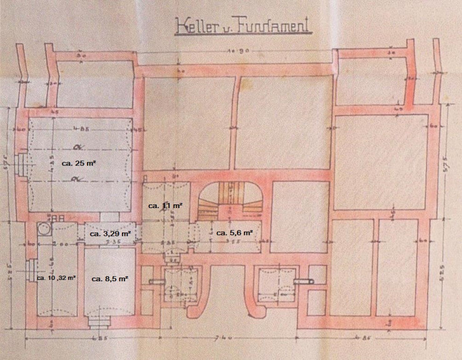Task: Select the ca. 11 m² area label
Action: [x=163, y=205]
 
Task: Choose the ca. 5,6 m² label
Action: [x=234, y=232]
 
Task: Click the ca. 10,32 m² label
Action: [x=56, y=277]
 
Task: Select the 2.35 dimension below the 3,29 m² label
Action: [x=112, y=241]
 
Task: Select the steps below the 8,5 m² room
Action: [x=98, y=321]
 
